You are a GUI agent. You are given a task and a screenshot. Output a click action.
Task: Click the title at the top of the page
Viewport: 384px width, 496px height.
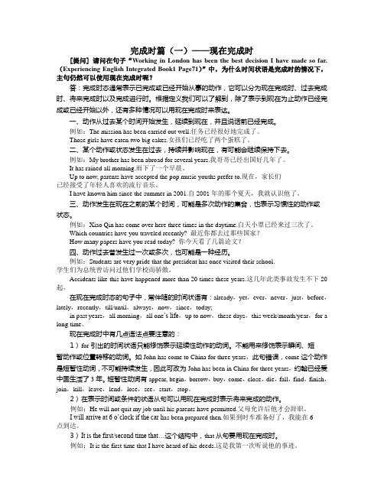coord(191,26)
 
